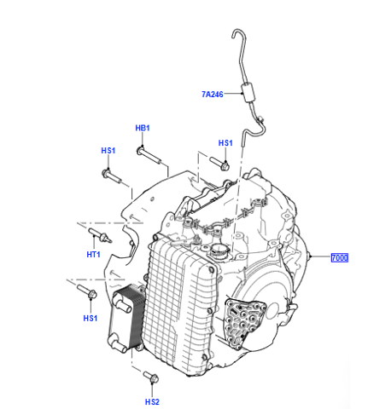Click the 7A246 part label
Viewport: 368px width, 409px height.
click(213, 94)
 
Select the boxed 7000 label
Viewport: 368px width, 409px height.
click(340, 257)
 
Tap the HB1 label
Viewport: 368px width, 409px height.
click(143, 128)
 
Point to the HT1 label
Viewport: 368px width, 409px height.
click(93, 255)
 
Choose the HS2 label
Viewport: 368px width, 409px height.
click(152, 402)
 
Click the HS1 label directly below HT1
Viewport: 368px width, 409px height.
click(91, 319)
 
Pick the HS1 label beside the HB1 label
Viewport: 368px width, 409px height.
click(108, 151)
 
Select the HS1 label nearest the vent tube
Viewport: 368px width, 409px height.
click(225, 143)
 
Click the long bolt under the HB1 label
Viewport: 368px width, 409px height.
click(149, 155)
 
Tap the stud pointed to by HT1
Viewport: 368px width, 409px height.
click(101, 235)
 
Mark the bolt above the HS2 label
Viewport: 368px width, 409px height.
click(151, 377)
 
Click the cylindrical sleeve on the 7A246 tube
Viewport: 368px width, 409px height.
click(248, 92)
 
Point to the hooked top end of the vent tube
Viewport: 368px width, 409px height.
click(237, 32)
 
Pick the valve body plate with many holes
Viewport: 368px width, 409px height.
click(244, 321)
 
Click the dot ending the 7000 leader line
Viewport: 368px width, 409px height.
click(312, 256)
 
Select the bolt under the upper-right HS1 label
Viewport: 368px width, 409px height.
click(219, 164)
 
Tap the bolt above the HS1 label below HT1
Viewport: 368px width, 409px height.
click(87, 291)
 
